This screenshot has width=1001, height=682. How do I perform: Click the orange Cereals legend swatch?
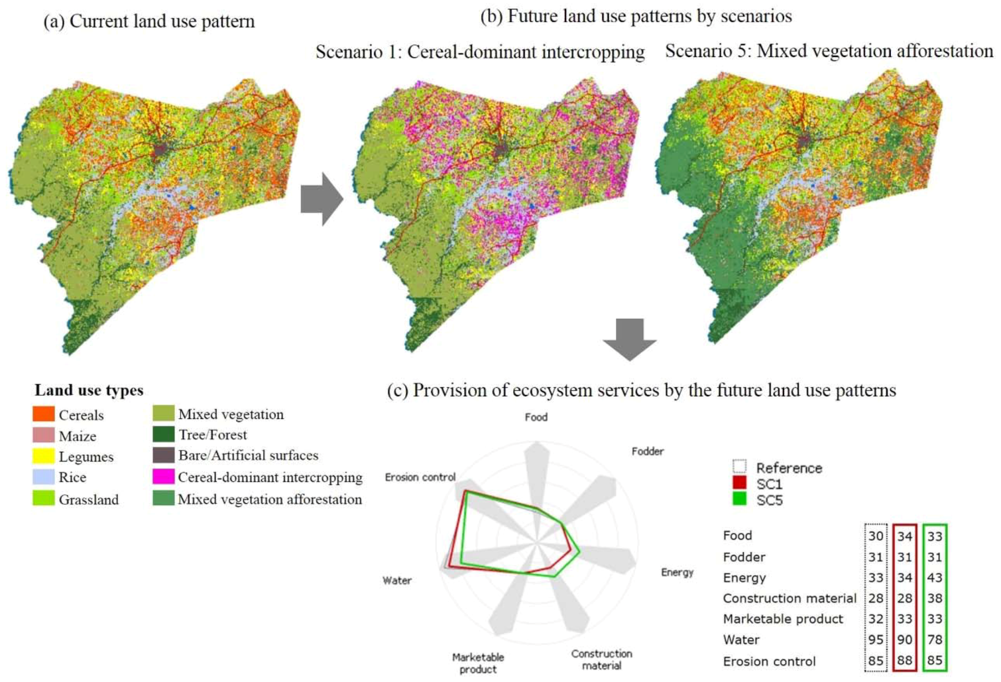click(43, 414)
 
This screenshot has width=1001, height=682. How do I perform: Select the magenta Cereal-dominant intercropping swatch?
click(163, 476)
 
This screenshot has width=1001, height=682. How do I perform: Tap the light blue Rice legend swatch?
click(43, 476)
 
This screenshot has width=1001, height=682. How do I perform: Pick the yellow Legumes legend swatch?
click(43, 456)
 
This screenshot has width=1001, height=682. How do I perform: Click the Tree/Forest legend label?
click(212, 435)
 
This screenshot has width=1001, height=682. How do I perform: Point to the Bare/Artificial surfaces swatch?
click(163, 455)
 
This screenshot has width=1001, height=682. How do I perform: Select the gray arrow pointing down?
click(629, 338)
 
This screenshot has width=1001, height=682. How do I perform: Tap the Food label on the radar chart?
click(536, 417)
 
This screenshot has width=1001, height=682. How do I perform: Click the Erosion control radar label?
click(420, 477)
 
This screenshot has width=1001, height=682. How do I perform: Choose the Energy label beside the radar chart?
click(677, 572)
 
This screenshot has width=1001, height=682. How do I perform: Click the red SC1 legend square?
click(739, 483)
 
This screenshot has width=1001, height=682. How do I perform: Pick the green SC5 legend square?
click(739, 499)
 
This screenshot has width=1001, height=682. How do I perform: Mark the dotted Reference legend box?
click(739, 466)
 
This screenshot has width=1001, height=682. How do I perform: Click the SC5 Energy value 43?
click(934, 577)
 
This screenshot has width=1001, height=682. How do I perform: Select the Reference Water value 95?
click(876, 639)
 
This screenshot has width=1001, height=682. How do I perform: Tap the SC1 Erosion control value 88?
click(905, 660)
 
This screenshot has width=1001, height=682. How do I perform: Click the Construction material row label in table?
click(789, 598)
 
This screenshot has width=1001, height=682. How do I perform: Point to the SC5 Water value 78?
click(934, 639)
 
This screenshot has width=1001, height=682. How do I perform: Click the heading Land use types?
click(89, 390)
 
